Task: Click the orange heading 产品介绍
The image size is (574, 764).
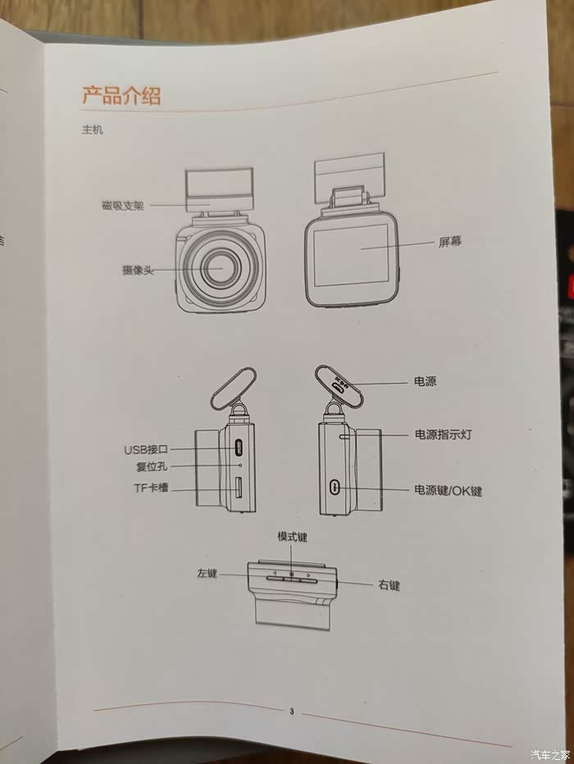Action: pyautogui.click(x=121, y=95)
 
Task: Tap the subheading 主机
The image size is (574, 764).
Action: pyautogui.click(x=93, y=130)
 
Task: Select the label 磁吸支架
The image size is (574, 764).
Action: pyautogui.click(x=123, y=206)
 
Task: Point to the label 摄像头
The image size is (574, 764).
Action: pyautogui.click(x=138, y=270)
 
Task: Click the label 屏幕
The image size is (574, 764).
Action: pyautogui.click(x=449, y=242)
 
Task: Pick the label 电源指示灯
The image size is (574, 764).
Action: pyautogui.click(x=444, y=434)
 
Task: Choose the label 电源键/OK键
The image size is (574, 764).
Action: pyautogui.click(x=449, y=490)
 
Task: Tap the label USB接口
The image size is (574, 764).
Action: pyautogui.click(x=146, y=449)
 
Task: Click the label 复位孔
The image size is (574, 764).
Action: pyautogui.click(x=152, y=466)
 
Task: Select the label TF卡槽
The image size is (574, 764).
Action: pyautogui.click(x=151, y=488)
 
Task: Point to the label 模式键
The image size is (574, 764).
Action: pyautogui.click(x=293, y=537)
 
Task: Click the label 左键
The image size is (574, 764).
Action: pyautogui.click(x=207, y=574)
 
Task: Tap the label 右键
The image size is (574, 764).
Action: pyautogui.click(x=389, y=584)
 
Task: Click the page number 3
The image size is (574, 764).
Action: pyautogui.click(x=291, y=712)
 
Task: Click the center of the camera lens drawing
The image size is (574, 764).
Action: pyautogui.click(x=221, y=268)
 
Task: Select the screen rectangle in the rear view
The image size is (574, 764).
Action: pyautogui.click(x=350, y=255)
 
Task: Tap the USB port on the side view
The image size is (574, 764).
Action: pyautogui.click(x=239, y=448)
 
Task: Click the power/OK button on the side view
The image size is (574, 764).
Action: pyautogui.click(x=335, y=486)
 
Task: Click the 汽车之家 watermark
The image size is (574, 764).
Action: pyautogui.click(x=550, y=755)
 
